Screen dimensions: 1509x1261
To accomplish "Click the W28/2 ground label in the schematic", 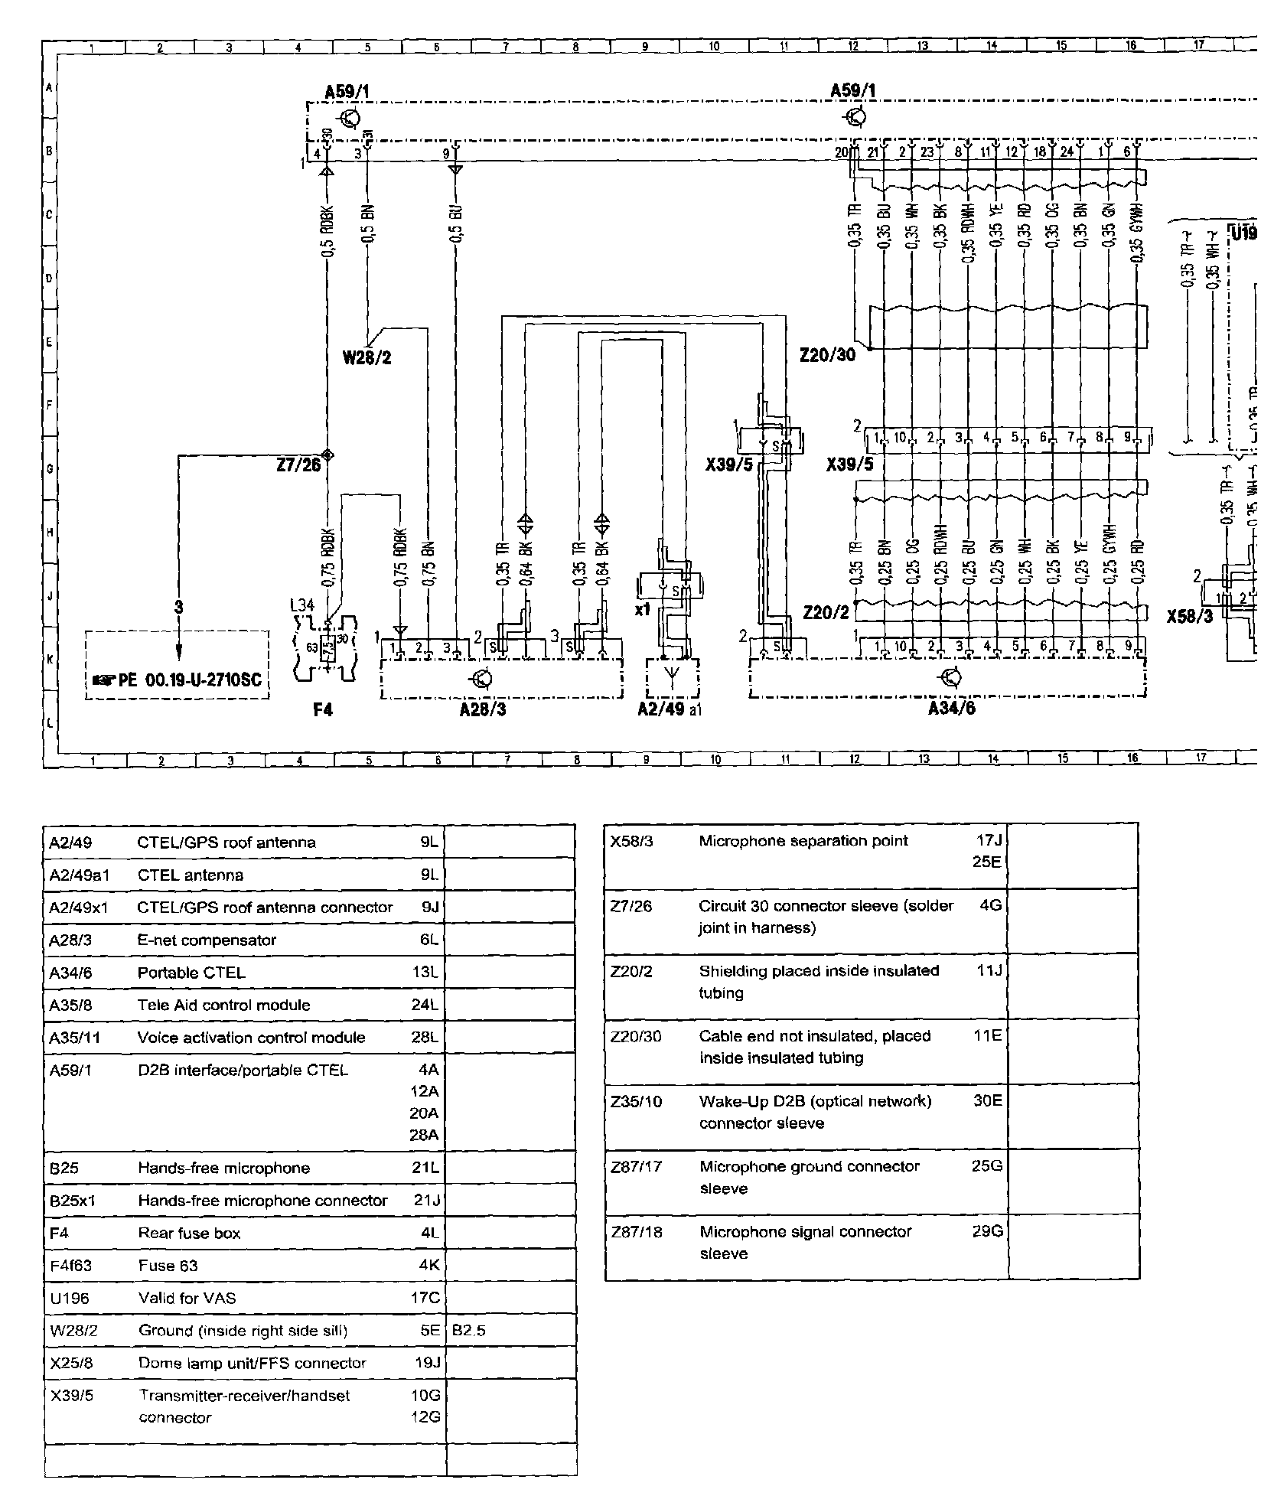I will (x=367, y=357).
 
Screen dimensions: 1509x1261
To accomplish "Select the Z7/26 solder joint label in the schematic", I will (x=299, y=464).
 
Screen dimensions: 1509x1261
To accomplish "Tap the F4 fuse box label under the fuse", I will (x=323, y=710).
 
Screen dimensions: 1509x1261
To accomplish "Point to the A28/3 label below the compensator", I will (x=483, y=709).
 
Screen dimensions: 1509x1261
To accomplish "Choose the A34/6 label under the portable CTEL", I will (x=951, y=708).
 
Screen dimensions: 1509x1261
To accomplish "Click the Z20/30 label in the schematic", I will (x=827, y=355).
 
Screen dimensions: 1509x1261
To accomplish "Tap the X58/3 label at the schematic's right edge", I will (x=1190, y=615).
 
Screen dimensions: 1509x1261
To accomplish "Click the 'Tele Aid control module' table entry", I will (x=223, y=1005).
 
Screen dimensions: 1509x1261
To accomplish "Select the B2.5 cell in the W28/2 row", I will (x=468, y=1330).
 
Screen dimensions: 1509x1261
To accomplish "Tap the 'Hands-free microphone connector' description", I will (x=262, y=1200).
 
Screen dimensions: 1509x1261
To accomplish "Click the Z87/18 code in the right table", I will (x=636, y=1231).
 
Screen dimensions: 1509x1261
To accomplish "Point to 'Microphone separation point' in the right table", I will (x=803, y=841).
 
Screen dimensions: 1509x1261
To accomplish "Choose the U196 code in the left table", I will (x=69, y=1298).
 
